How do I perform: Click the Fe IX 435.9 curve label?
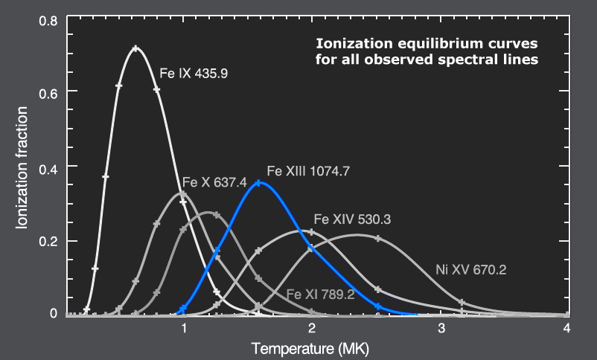coord(194,74)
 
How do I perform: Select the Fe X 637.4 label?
coord(215,183)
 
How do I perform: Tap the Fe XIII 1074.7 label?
coord(308,170)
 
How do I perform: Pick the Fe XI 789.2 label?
coord(320,294)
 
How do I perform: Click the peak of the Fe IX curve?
coord(135,48)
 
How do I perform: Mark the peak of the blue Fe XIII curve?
coord(258,182)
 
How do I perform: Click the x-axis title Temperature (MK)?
coord(310,348)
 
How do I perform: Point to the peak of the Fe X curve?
coord(183,193)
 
